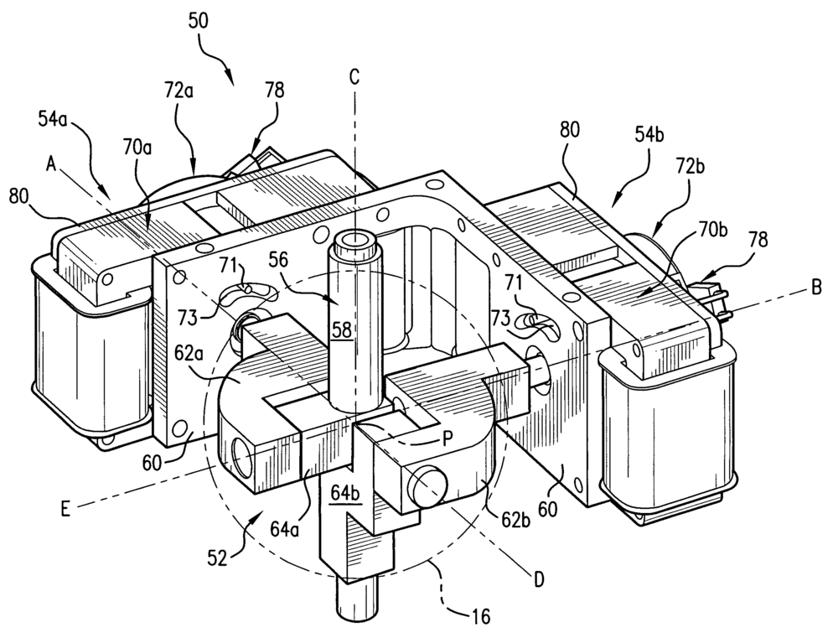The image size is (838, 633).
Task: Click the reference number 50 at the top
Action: [199, 21]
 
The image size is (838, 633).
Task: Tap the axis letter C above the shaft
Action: [354, 77]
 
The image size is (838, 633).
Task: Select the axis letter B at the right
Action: [816, 289]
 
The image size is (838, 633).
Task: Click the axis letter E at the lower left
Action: [65, 510]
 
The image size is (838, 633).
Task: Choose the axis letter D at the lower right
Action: [539, 579]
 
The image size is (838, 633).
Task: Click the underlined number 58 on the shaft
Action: [342, 329]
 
